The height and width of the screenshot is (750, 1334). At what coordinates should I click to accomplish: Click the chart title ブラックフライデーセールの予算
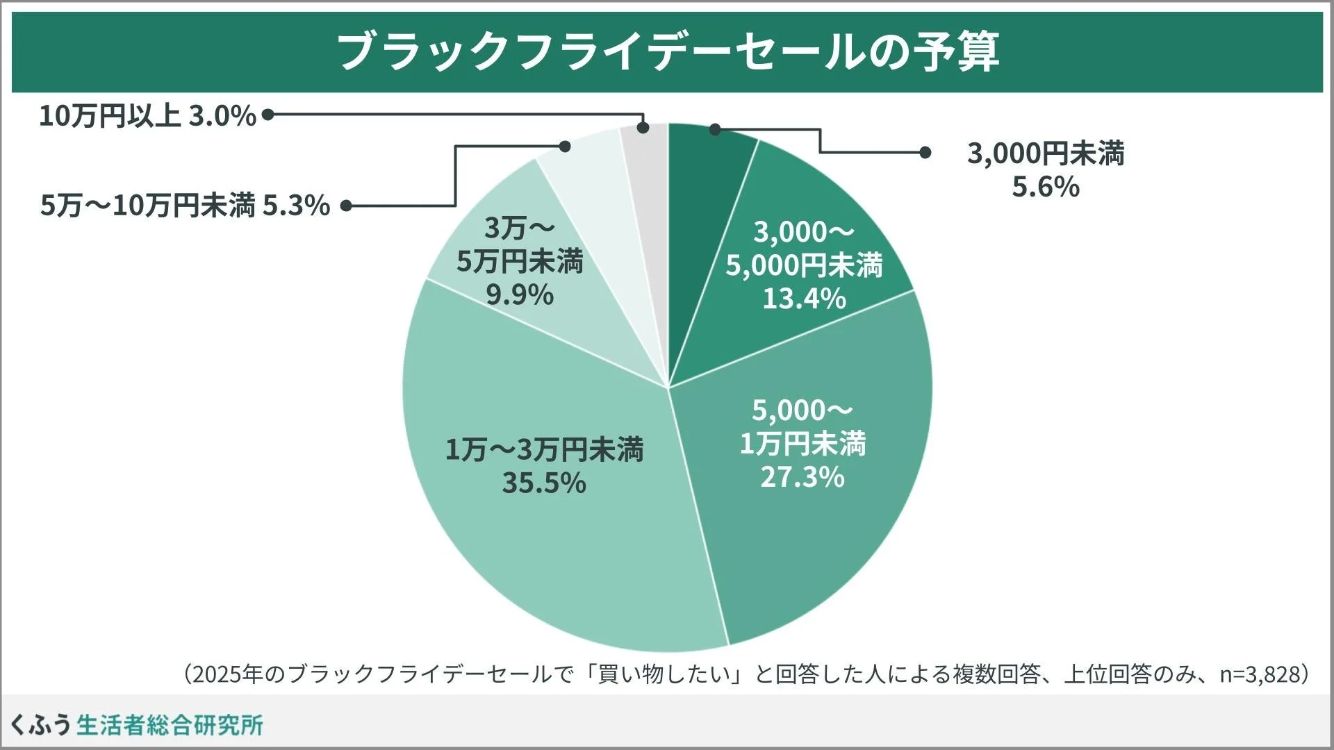click(667, 51)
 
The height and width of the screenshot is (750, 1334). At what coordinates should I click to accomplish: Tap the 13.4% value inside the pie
click(804, 299)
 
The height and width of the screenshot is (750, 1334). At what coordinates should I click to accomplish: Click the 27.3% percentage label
click(802, 478)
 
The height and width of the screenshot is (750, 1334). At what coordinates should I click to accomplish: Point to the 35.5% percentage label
click(544, 483)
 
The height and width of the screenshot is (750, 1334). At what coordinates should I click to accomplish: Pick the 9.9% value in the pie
click(520, 296)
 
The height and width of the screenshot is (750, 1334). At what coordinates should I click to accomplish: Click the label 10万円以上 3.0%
click(148, 116)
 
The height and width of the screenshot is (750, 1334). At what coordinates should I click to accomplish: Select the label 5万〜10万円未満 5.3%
click(185, 206)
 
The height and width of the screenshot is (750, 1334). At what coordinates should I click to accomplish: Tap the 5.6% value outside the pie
click(1046, 187)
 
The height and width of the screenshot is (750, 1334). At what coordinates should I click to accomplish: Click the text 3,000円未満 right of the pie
click(1046, 153)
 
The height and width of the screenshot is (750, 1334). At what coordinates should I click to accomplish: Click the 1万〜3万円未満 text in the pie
click(544, 450)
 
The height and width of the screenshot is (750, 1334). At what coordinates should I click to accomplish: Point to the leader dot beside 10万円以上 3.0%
click(267, 115)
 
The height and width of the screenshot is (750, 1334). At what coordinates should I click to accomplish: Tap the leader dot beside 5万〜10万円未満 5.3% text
click(345, 206)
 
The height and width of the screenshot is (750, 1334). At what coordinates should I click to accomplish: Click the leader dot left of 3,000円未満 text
click(925, 152)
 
